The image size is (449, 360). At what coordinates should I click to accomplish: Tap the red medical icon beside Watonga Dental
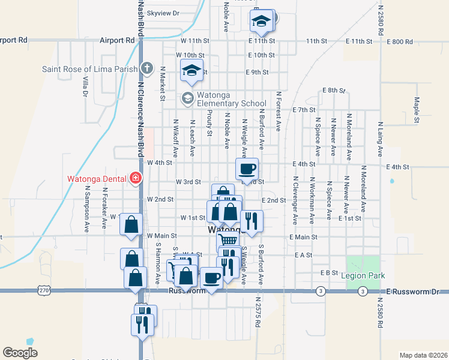136,178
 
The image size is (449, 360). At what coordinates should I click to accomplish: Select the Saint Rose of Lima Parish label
89,69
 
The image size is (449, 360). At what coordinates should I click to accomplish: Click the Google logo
20,352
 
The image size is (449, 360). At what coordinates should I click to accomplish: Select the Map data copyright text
423,355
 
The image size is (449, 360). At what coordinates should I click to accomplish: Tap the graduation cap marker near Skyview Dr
262,21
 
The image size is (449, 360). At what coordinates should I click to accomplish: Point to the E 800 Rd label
400,41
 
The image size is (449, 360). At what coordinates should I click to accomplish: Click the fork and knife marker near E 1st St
252,220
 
